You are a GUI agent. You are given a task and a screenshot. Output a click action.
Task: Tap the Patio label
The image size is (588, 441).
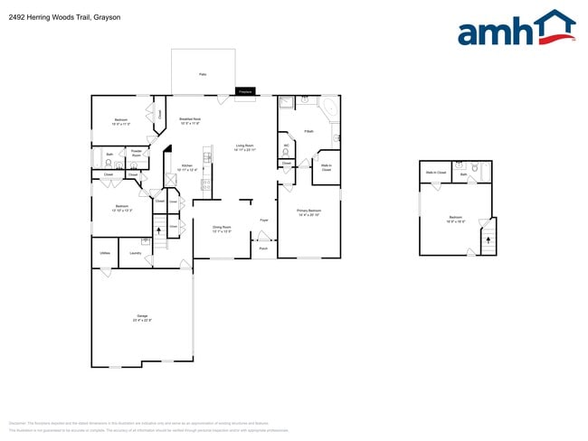pos(203,74)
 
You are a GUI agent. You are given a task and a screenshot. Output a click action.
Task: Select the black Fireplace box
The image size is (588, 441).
pos(244,92)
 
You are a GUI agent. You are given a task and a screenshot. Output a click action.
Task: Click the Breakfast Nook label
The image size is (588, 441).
pos(190,120)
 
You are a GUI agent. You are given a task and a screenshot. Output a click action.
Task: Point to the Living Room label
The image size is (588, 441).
pos(245,147)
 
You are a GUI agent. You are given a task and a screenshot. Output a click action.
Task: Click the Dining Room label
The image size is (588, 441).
pos(222,229)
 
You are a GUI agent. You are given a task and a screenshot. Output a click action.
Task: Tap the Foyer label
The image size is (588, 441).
pos(264,220)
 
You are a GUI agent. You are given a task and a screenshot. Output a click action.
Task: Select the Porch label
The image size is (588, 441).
pos(263,248)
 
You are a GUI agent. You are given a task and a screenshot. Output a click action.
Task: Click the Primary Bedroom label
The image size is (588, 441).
pos(309,212)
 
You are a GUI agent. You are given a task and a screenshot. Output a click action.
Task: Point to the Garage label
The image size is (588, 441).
pos(142,317)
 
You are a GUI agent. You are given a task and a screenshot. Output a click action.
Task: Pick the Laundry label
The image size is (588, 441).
pos(135,253)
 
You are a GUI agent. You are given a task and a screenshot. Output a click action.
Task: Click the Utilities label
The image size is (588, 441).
pos(105,253)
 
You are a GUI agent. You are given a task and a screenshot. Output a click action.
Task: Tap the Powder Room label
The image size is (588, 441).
pos(137,154)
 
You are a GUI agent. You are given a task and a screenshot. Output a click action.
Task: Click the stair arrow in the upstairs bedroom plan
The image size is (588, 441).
pos(488,240)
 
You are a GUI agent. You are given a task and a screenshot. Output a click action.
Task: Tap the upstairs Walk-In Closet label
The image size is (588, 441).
pos(435,173)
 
